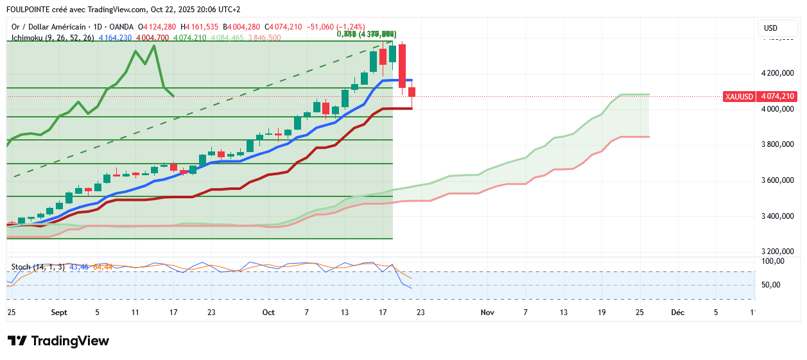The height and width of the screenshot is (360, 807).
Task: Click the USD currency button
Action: pyautogui.click(x=770, y=28)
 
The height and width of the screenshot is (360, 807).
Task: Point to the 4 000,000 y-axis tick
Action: pyautogui.click(x=777, y=109)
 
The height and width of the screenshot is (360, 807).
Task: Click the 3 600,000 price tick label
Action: pyautogui.click(x=777, y=180)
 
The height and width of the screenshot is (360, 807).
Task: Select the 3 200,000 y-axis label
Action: pyautogui.click(x=777, y=252)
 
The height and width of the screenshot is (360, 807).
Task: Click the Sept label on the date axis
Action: pyautogui.click(x=59, y=313)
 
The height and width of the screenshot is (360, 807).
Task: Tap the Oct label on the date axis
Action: pyautogui.click(x=268, y=313)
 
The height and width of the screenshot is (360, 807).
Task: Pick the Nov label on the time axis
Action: pyautogui.click(x=487, y=313)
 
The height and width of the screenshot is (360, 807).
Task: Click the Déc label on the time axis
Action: pyautogui.click(x=677, y=313)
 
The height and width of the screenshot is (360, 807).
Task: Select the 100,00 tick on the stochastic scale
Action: pyautogui.click(x=773, y=261)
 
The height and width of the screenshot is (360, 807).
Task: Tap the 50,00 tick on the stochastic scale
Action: pyautogui.click(x=773, y=285)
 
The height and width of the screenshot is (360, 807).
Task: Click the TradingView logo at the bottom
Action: pyautogui.click(x=58, y=341)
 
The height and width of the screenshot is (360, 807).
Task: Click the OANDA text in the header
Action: pyautogui.click(x=122, y=27)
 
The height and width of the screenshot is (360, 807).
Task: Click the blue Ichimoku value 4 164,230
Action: pyautogui.click(x=117, y=38)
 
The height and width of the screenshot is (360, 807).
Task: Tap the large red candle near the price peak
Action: pyautogui.click(x=402, y=65)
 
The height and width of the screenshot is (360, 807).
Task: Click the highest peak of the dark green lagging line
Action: pyautogui.click(x=154, y=46)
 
